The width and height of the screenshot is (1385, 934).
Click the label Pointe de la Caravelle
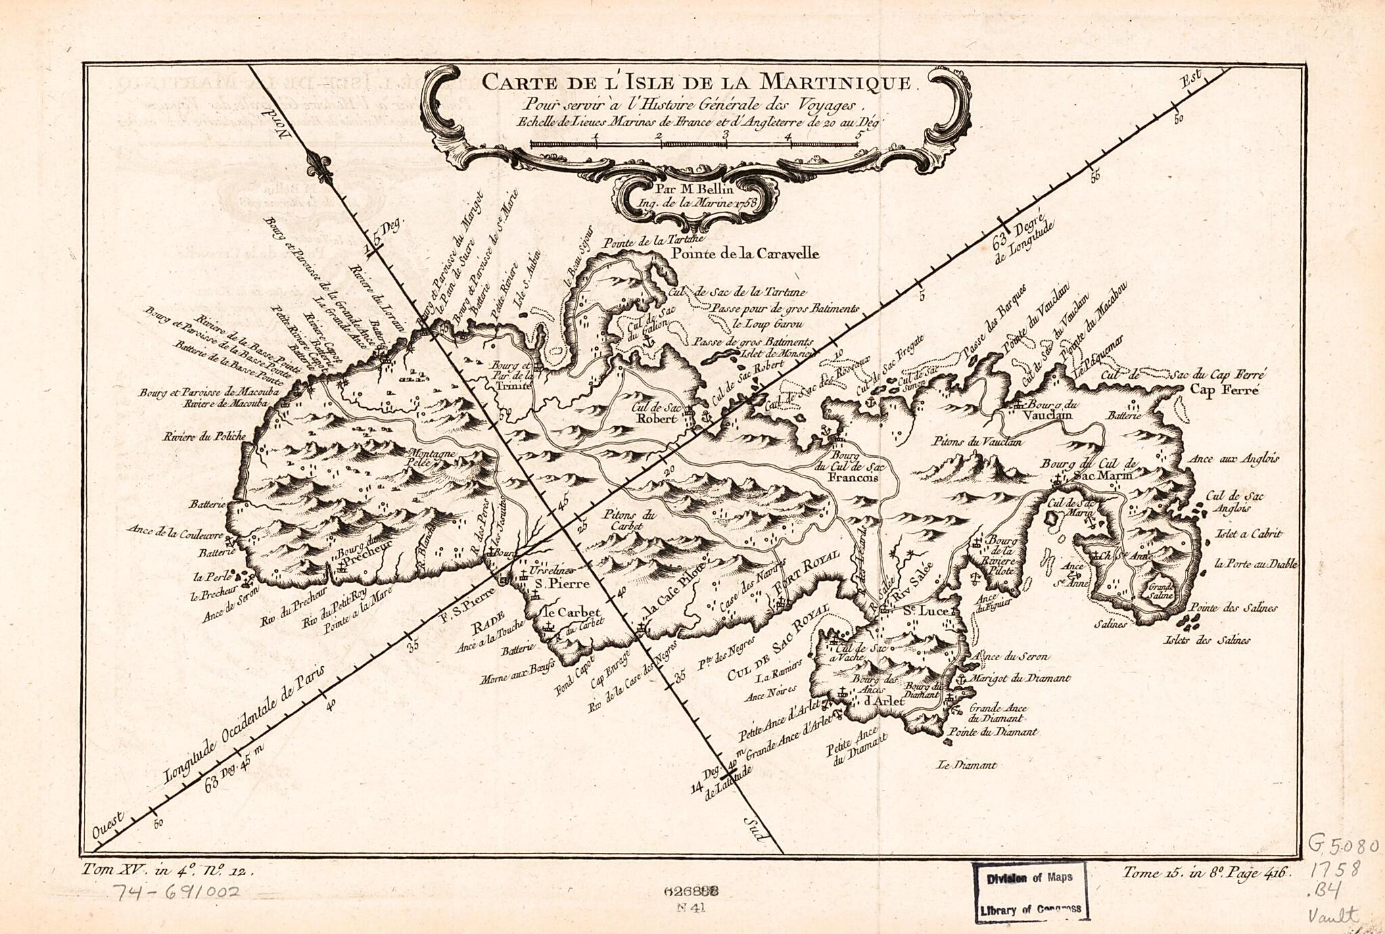[x=745, y=254]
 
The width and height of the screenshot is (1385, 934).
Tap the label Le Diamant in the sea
[x=966, y=766]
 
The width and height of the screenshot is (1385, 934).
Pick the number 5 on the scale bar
[x=859, y=135]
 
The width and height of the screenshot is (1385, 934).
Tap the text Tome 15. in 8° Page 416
[x=1206, y=872]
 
